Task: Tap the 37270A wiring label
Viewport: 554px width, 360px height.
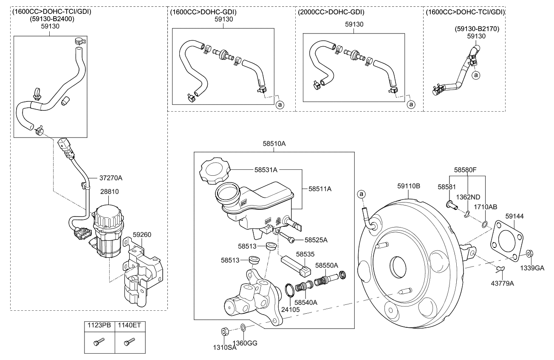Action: (x=112, y=178)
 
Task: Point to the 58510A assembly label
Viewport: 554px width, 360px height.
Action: (x=274, y=144)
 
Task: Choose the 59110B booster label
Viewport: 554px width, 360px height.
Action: (x=409, y=186)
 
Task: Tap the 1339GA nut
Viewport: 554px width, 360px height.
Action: (x=529, y=253)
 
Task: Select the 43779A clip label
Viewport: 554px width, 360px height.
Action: (x=503, y=283)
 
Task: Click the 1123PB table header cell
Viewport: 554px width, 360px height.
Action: (x=99, y=326)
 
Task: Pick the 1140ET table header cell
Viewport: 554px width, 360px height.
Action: (x=130, y=326)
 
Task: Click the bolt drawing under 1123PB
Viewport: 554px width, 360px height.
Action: (x=99, y=341)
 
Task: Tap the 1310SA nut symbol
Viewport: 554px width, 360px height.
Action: (x=224, y=331)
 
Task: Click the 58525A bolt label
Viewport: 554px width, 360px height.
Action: (x=316, y=240)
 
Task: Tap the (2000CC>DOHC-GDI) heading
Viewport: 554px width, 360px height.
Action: (x=331, y=12)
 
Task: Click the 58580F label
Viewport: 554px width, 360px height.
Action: (x=465, y=170)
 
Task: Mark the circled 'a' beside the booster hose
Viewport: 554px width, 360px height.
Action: (x=361, y=194)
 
